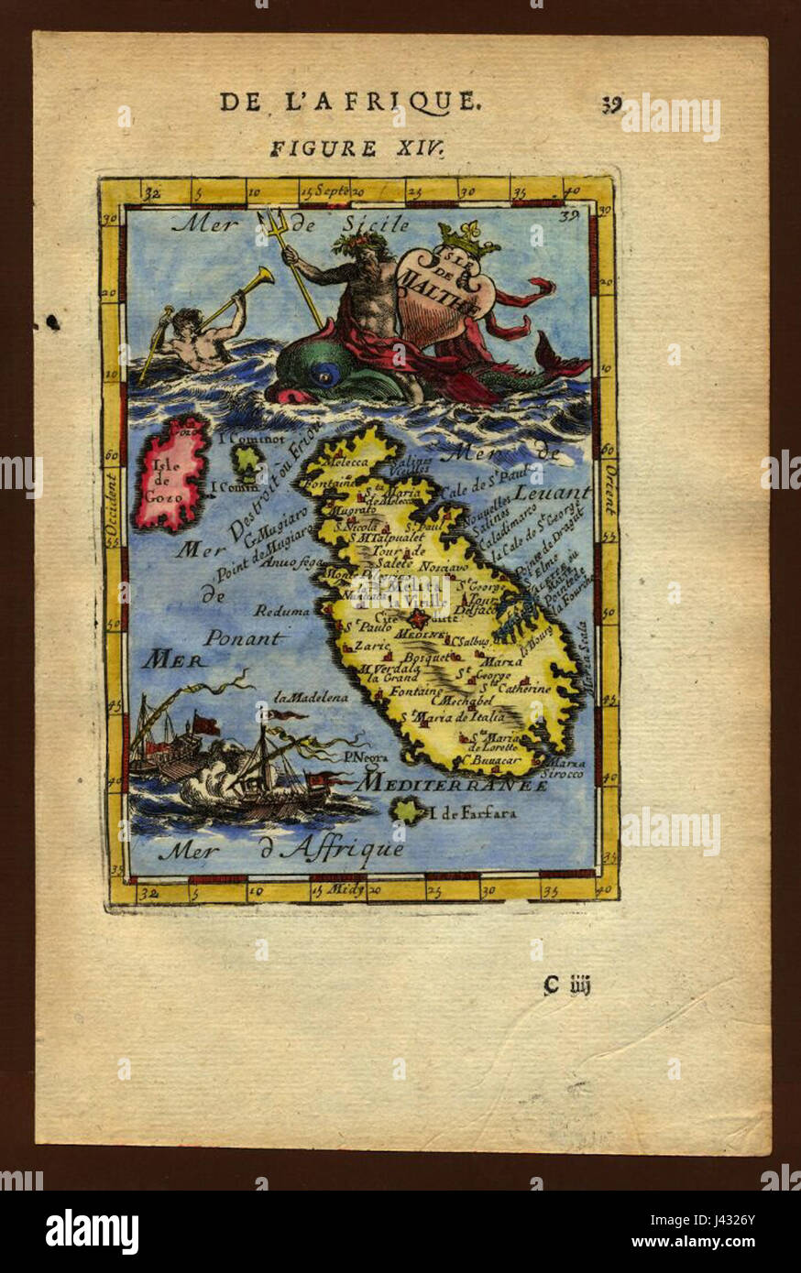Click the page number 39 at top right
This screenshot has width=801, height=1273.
point(611,104)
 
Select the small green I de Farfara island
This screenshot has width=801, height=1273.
point(407,810)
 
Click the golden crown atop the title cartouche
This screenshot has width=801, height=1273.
point(467,239)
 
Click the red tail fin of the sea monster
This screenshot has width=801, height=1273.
point(560,358)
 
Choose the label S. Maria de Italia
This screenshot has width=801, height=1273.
point(458,717)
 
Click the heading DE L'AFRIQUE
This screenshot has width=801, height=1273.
point(349,102)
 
